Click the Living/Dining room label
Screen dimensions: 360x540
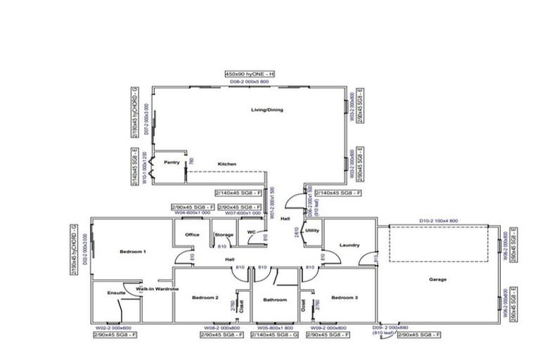[267, 110]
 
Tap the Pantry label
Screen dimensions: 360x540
[172, 162]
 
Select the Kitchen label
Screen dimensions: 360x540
[226, 164]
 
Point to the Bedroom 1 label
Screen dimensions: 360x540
[133, 251]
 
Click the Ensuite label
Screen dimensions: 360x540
[116, 292]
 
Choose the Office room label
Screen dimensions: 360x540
[192, 235]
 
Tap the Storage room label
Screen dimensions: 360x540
[224, 235]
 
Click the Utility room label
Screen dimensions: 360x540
[313, 230]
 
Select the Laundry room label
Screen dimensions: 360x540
[349, 245]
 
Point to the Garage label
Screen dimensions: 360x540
[438, 280]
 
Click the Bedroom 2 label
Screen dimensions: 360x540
[205, 298]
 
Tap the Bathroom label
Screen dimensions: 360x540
[275, 300]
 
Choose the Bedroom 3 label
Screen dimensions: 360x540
[345, 298]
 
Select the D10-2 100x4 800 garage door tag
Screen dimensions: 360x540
[439, 221]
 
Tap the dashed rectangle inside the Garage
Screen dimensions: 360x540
[439, 246]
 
